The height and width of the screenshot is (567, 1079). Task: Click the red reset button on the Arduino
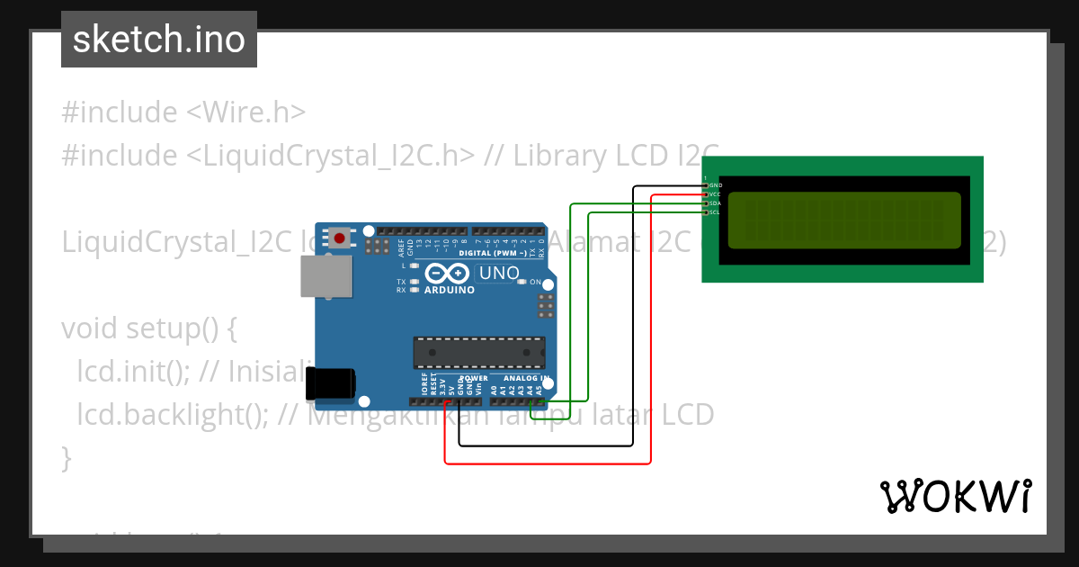point(340,238)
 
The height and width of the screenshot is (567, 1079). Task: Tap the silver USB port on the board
point(325,275)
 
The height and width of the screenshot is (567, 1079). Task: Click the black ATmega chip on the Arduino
point(478,353)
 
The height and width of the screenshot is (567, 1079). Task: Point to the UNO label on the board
point(499,273)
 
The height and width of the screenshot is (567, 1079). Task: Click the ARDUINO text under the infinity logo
point(449,290)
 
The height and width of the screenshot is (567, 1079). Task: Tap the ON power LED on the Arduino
point(522,283)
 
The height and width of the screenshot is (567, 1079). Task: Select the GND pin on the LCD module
point(706,185)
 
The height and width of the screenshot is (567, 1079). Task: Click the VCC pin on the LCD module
point(706,194)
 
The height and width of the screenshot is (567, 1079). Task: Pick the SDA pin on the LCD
point(706,203)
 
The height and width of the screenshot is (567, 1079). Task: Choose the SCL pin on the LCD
point(706,212)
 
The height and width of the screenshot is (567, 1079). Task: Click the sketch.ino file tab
point(159,40)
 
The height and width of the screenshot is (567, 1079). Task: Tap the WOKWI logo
point(955,496)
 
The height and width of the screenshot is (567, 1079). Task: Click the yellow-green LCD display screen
point(843,220)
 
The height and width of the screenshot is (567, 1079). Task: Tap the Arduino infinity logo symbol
point(447,273)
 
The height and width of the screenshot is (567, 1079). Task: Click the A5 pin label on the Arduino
point(540,390)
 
